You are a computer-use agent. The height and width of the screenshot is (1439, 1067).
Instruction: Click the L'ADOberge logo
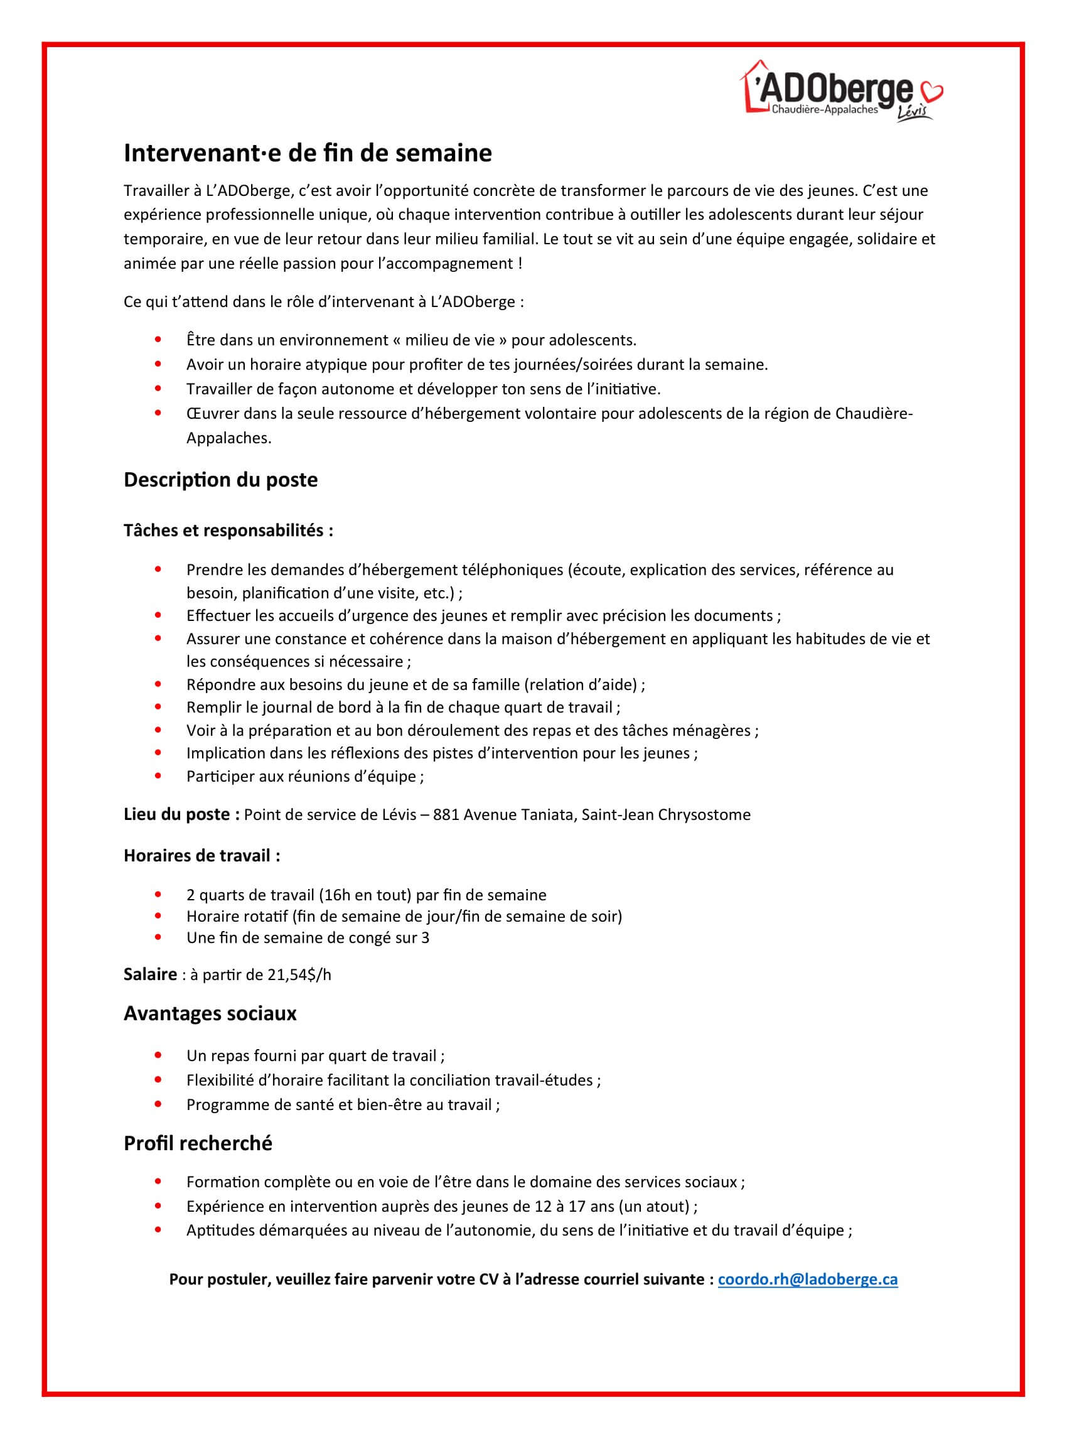833,90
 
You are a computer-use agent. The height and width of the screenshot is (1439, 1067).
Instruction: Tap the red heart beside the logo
933,92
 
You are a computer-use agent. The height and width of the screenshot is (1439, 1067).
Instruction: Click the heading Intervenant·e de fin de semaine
308,153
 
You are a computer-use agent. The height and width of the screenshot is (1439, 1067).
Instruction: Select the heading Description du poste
220,480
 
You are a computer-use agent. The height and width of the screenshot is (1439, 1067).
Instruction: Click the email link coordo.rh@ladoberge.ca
807,1280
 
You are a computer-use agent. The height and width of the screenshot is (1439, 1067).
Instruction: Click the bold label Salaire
150,974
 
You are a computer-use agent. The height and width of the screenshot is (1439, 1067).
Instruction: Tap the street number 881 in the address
446,815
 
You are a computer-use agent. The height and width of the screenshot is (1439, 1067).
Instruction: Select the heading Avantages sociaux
210,1013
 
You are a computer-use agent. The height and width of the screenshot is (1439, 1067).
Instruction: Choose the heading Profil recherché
198,1143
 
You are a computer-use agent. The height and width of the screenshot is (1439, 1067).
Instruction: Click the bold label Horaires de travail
201,856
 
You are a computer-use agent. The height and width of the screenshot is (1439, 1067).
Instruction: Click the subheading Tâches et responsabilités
228,531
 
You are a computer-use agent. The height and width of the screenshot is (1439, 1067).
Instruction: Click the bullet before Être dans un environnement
158,340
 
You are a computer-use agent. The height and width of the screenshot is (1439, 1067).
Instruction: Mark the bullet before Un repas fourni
158,1056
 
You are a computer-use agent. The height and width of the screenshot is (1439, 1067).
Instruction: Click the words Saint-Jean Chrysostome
666,815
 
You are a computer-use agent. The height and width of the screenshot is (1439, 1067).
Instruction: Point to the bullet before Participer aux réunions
158,776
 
